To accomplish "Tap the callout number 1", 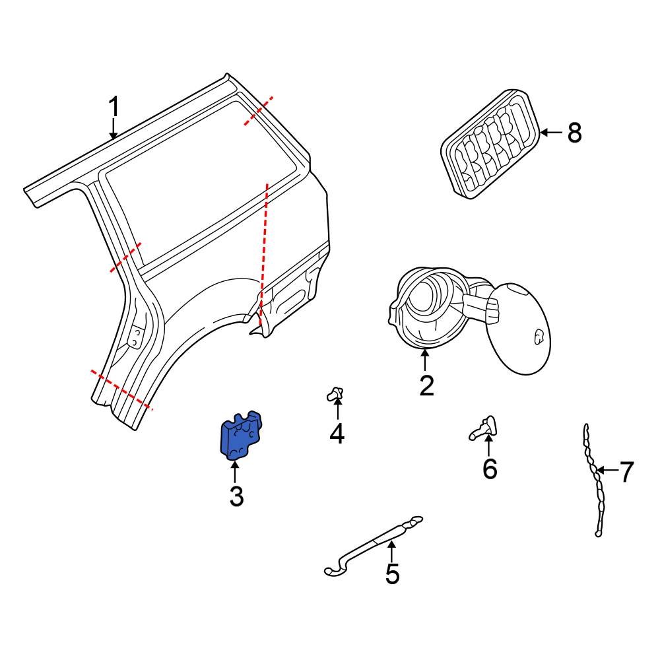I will click(x=114, y=107).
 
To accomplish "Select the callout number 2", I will click(x=426, y=385).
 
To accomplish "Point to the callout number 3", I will click(x=236, y=496).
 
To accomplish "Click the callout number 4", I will click(x=337, y=434).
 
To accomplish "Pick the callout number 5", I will click(x=392, y=574).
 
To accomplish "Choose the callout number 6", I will click(x=489, y=468).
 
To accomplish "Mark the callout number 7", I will click(x=626, y=472).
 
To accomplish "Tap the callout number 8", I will click(x=574, y=133).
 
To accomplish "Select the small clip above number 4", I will click(x=337, y=395).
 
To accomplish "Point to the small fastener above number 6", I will click(x=484, y=428).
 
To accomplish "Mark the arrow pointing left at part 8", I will click(x=551, y=133).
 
